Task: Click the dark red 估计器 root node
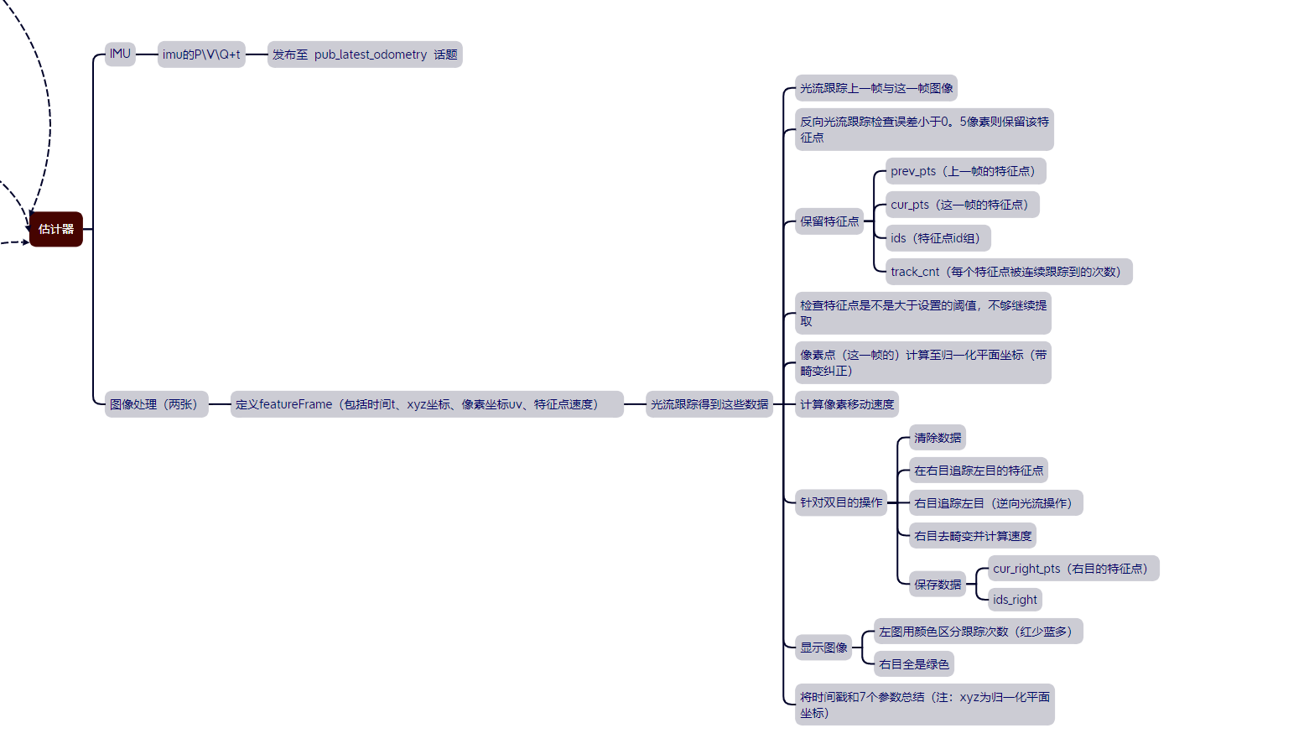(x=56, y=229)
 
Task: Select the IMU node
(x=120, y=55)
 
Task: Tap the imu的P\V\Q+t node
(x=201, y=55)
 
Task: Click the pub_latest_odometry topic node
(x=365, y=55)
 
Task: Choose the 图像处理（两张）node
(x=156, y=404)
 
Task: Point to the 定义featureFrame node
(x=426, y=404)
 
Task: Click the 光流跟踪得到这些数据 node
(x=709, y=404)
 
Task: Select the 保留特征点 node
(x=829, y=221)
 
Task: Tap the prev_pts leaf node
(x=965, y=171)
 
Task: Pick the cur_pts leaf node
(x=962, y=205)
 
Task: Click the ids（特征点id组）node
(x=938, y=238)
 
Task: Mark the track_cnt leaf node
(x=1008, y=272)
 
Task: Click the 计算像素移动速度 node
(x=847, y=404)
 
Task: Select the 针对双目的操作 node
(x=841, y=502)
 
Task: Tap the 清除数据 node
(x=938, y=438)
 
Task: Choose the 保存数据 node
(x=938, y=584)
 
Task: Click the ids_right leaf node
(x=1015, y=600)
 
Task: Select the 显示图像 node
(x=823, y=648)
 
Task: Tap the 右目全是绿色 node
(x=914, y=664)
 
